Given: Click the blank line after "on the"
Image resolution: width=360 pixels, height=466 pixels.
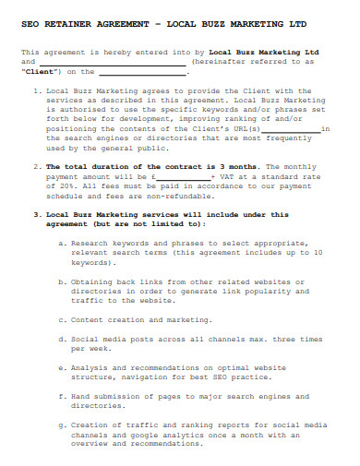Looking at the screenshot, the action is pos(143,71).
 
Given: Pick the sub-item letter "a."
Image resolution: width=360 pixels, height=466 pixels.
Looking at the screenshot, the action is pos(61,243).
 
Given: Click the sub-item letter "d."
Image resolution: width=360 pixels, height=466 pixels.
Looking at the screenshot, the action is pos(61,339).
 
